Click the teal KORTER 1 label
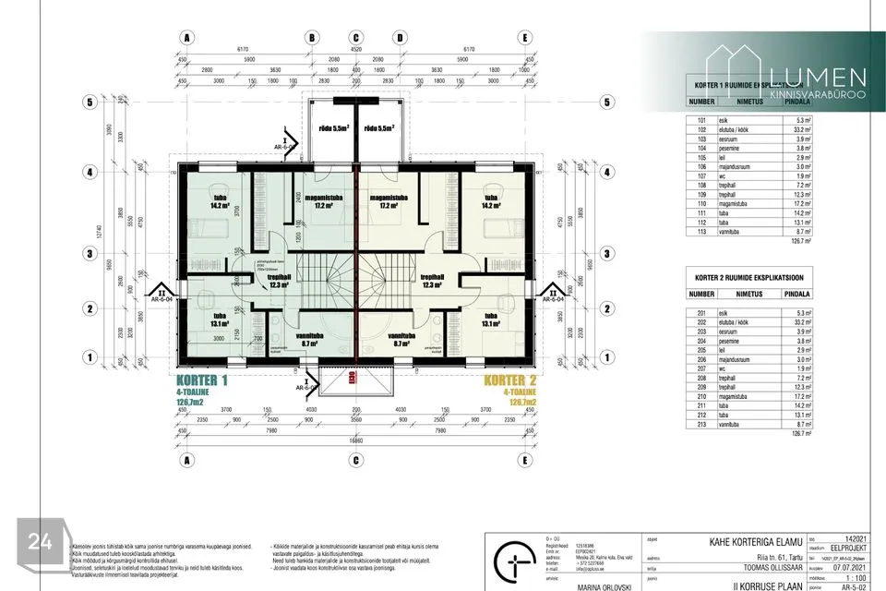click(x=198, y=380)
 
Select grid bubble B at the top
click(x=313, y=39)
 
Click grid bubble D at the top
click(x=400, y=39)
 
